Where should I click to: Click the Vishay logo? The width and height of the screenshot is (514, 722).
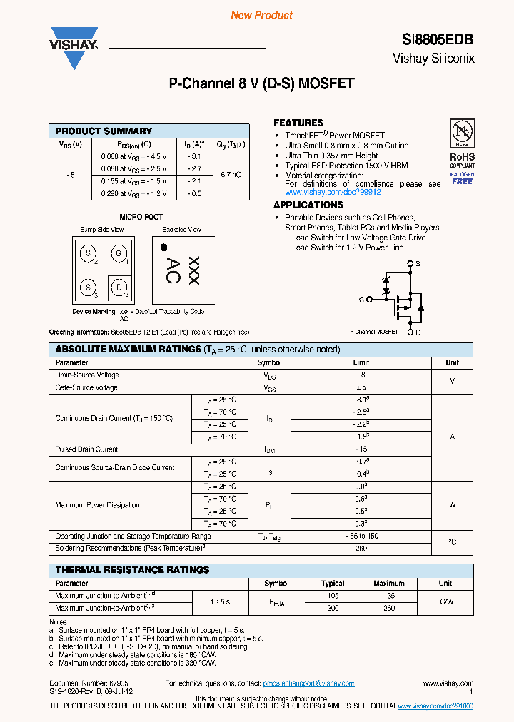73,45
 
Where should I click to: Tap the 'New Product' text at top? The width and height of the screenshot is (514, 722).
261,15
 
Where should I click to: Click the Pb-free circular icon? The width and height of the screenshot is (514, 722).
461,133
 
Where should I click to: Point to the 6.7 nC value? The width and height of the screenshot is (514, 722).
231,174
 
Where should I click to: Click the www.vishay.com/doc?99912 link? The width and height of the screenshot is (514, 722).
333,193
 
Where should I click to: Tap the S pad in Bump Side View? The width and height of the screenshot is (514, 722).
88,254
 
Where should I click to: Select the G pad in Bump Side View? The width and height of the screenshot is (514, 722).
119,254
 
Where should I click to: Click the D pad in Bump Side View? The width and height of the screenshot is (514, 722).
119,288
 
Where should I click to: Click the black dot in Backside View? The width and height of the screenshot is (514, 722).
163,248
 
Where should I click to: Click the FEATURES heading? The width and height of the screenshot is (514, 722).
298,123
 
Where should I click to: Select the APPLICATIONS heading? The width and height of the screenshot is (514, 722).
308,205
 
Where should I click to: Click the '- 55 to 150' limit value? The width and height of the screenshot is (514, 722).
361,536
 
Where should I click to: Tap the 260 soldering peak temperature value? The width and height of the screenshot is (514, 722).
361,549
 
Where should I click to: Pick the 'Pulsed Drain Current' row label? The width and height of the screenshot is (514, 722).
86,449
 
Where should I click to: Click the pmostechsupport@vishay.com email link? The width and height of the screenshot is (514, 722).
308,683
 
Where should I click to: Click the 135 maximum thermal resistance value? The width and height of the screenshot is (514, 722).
388,595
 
